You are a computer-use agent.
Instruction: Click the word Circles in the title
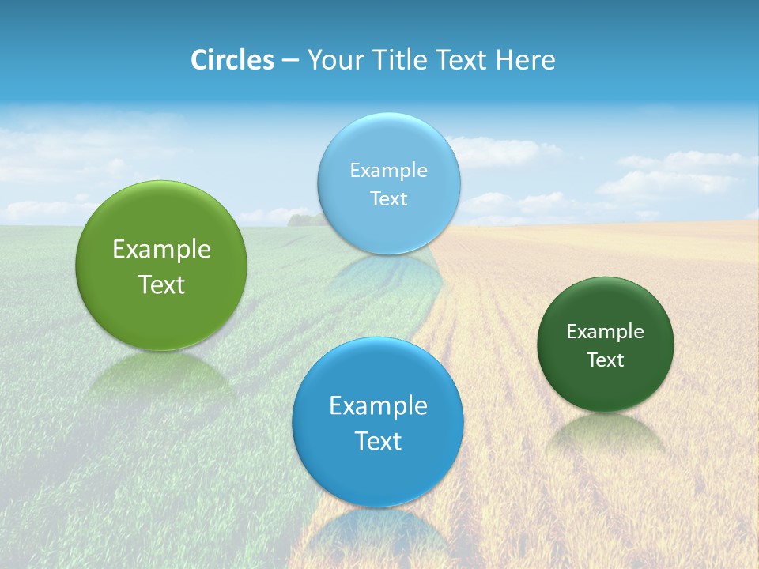point(232,60)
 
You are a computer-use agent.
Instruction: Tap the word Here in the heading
point(525,60)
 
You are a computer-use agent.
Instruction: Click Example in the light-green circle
point(161,249)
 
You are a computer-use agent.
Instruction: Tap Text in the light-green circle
point(161,284)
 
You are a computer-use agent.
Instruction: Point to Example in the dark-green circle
point(605,331)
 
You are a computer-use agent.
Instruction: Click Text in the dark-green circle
point(605,360)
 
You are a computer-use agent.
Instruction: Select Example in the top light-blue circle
point(388,170)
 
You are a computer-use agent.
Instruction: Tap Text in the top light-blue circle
point(388,199)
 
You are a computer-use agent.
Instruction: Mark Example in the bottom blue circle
point(378,405)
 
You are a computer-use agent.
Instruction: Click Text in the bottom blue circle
point(378,441)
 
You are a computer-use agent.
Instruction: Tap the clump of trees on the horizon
point(304,219)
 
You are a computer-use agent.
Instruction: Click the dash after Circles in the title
point(290,61)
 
